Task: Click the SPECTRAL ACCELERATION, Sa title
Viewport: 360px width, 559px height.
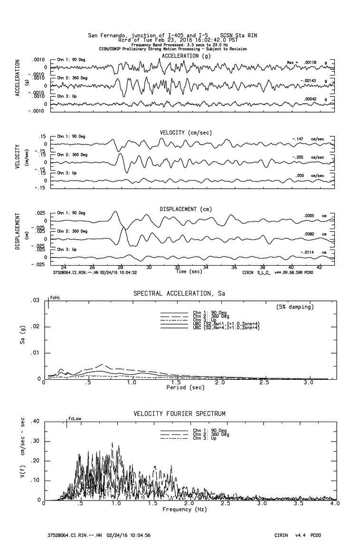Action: [179, 294]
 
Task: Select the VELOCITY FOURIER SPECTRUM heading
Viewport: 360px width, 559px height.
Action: [179, 414]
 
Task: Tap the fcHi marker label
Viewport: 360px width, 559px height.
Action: [55, 298]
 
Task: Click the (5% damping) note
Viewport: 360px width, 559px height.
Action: [295, 307]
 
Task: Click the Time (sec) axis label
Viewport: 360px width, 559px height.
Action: [189, 272]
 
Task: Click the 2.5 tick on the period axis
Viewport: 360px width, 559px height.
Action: [264, 382]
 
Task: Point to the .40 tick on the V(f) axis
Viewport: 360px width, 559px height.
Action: [34, 422]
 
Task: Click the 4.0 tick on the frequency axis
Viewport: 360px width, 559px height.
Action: [334, 503]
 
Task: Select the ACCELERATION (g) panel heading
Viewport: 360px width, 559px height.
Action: [186, 56]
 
